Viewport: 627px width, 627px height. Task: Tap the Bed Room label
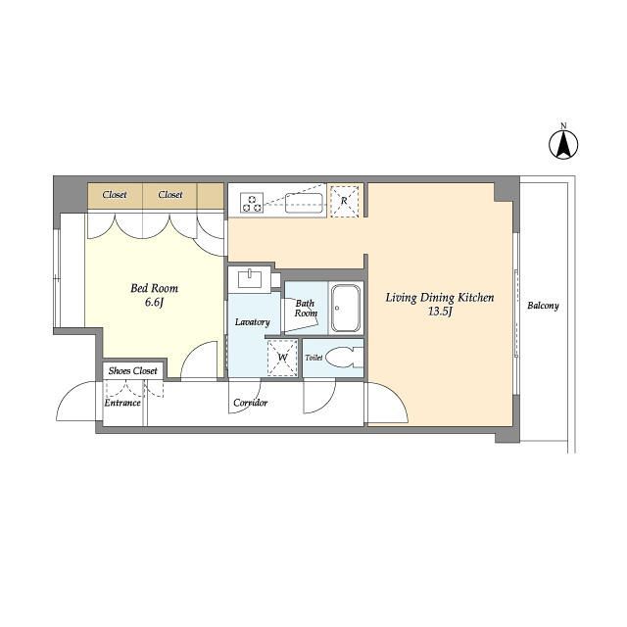(x=155, y=288)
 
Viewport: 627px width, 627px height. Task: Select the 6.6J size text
(x=155, y=303)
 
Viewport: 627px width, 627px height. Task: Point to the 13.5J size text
(x=440, y=312)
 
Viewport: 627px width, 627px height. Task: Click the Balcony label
(x=543, y=306)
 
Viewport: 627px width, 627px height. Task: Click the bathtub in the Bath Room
(x=346, y=309)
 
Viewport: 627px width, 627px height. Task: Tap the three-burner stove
(x=252, y=203)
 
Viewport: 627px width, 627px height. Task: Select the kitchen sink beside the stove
(x=304, y=203)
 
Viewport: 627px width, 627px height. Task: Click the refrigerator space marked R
(x=344, y=201)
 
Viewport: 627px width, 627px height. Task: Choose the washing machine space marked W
(x=282, y=358)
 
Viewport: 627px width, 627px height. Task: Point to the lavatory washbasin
(x=250, y=278)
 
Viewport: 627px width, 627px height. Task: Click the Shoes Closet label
(x=133, y=371)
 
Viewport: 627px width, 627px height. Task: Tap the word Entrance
(x=122, y=403)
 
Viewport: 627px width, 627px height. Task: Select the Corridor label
(x=251, y=403)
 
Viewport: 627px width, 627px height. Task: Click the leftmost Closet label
(x=115, y=195)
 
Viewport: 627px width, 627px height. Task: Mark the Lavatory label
(x=253, y=322)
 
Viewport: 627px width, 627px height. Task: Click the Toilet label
(x=313, y=358)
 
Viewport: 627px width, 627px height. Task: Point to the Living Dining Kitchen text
(x=440, y=298)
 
